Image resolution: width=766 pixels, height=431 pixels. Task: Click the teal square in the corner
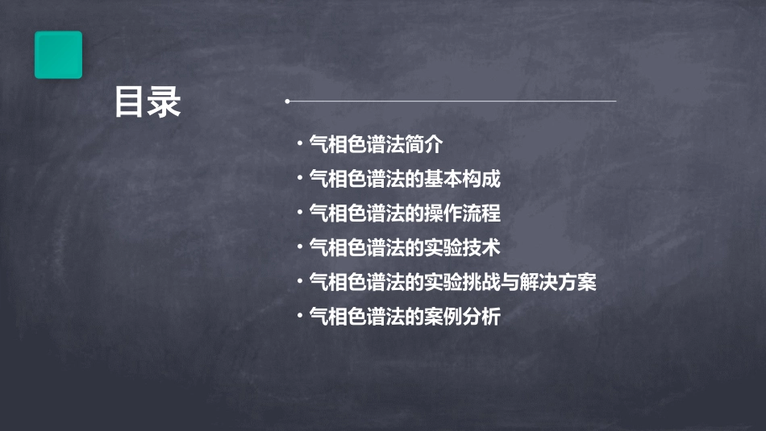tap(58, 55)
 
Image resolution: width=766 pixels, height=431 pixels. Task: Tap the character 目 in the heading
tap(130, 103)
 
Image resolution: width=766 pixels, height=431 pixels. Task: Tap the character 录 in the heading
tap(164, 103)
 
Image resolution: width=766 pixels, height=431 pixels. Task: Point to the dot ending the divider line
tap(287, 102)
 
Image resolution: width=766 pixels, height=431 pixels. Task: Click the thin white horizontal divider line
tap(452, 102)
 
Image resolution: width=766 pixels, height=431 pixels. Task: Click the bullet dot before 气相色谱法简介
tap(299, 144)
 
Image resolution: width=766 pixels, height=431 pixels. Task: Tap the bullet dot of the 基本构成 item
tap(299, 178)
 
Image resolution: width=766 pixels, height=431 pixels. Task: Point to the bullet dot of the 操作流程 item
tap(299, 213)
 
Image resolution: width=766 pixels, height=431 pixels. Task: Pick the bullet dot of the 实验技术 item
tap(299, 247)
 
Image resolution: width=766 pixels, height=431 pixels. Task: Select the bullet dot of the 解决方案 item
tap(299, 282)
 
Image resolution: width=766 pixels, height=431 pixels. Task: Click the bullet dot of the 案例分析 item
tap(299, 317)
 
